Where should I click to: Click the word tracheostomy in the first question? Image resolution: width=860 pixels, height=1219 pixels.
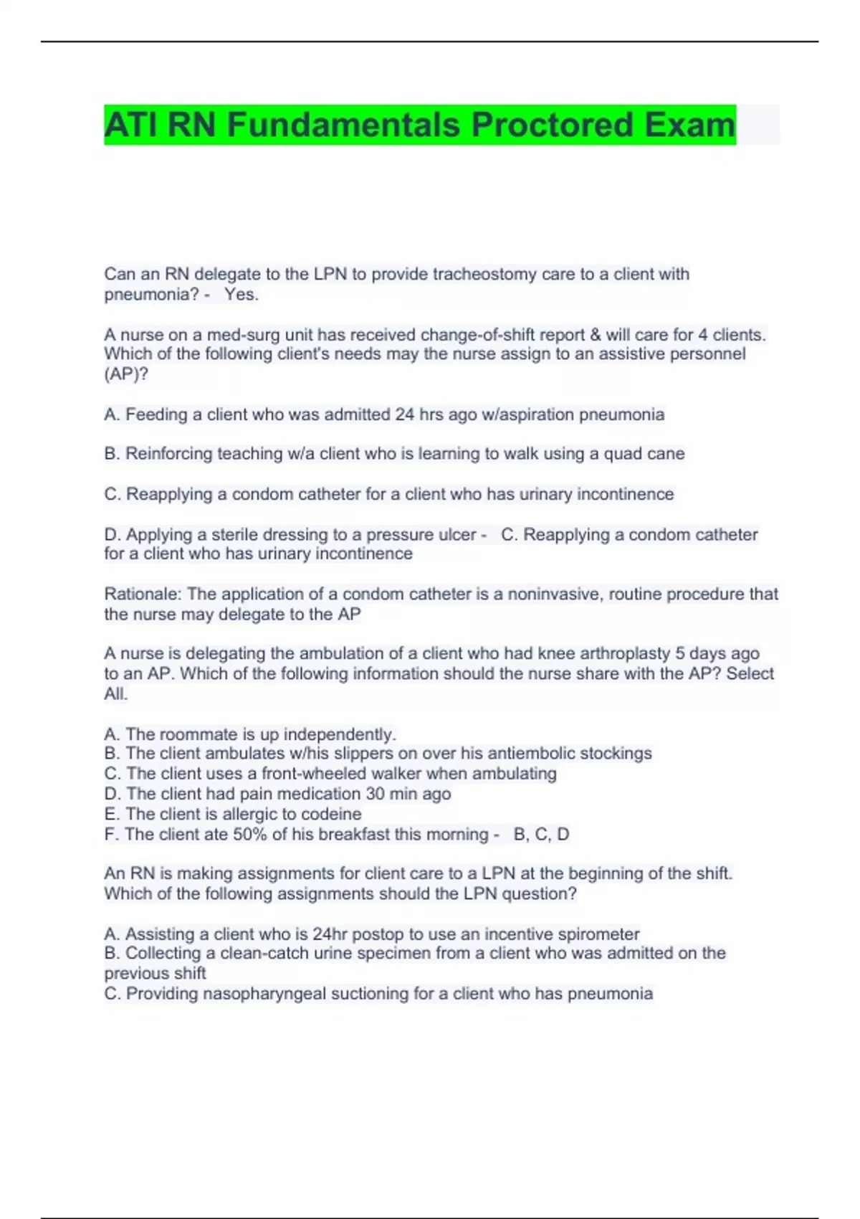click(484, 274)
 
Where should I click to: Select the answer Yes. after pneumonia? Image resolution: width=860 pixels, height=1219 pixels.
click(242, 295)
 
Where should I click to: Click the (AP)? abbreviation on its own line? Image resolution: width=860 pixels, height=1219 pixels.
click(126, 374)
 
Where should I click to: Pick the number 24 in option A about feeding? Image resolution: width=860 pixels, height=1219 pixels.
click(405, 414)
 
